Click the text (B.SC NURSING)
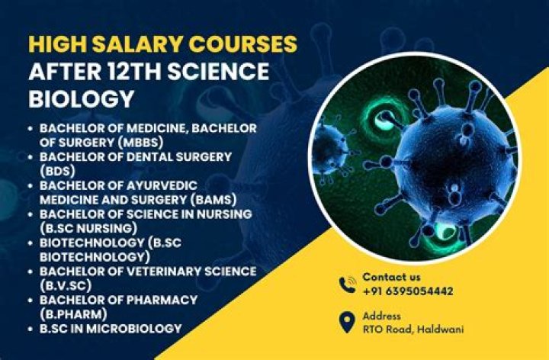tap(88, 228)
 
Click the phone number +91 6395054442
tap(407, 291)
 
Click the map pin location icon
tap(346, 321)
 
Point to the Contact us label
tap(391, 277)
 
